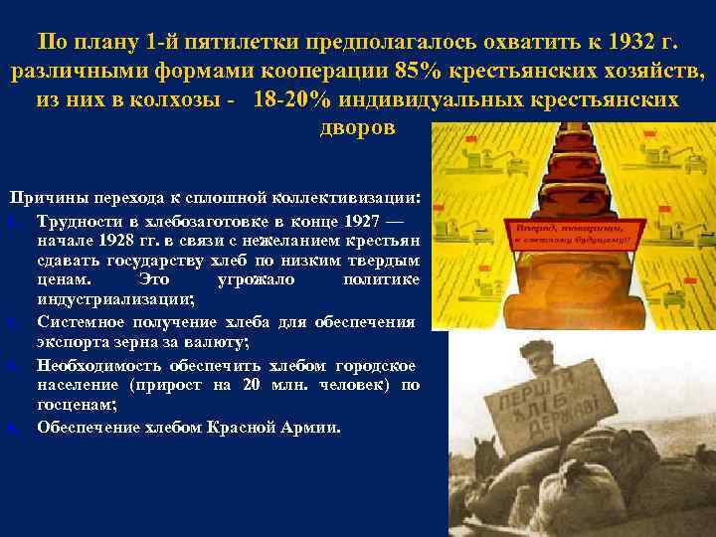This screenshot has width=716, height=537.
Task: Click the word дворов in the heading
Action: [x=357, y=128]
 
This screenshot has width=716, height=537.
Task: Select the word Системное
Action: [x=84, y=323]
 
